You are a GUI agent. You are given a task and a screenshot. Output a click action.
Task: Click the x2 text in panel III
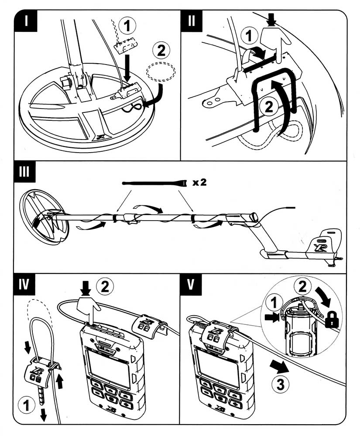tap(199, 182)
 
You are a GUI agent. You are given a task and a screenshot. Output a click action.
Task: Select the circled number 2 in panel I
tap(161, 51)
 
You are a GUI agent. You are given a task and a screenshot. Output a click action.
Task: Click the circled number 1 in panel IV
tap(27, 407)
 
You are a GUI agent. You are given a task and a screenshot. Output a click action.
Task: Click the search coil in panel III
tap(44, 217)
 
